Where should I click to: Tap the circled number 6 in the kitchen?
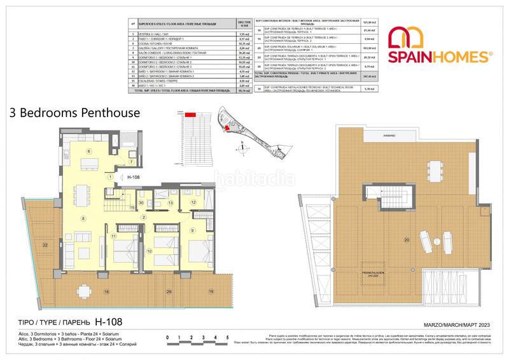(x=89, y=151)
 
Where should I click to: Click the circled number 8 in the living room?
(x=83, y=219)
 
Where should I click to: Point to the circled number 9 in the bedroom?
(x=192, y=230)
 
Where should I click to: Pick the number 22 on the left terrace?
(x=45, y=244)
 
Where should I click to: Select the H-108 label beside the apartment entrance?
(x=133, y=177)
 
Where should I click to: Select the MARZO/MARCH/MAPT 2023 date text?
(x=448, y=325)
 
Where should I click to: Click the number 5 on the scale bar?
(x=227, y=338)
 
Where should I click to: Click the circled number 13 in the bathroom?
(x=171, y=203)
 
